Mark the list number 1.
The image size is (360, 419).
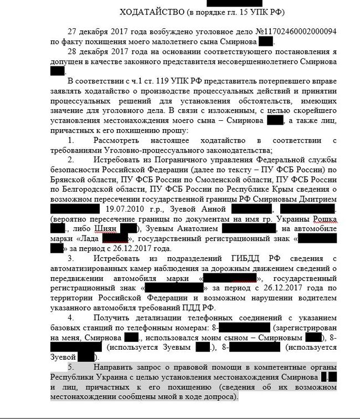pyautogui.click(x=70, y=141)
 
